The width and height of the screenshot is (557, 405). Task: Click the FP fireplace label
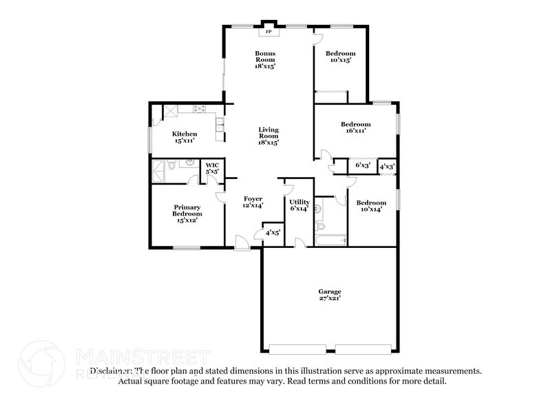[x=266, y=31]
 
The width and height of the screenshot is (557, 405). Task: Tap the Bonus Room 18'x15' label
[x=265, y=60]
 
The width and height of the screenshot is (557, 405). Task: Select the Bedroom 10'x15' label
[x=340, y=57]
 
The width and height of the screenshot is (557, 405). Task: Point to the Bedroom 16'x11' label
[x=355, y=127]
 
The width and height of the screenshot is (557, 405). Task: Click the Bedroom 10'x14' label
[x=370, y=206]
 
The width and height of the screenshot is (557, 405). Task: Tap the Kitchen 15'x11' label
[x=185, y=137]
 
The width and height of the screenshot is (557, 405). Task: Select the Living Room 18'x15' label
[x=269, y=136]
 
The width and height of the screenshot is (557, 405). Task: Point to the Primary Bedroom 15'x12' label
[x=187, y=214]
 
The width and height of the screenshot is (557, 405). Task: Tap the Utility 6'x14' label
[x=299, y=205]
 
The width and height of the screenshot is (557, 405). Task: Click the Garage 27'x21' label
[x=330, y=295]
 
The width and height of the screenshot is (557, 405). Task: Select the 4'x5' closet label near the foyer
[x=273, y=233]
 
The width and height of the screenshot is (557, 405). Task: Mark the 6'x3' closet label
[x=362, y=166]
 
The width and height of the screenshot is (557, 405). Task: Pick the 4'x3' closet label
[x=387, y=166]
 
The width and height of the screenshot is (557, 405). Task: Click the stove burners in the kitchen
[x=200, y=109]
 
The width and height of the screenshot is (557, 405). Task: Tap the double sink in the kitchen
[x=219, y=125]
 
